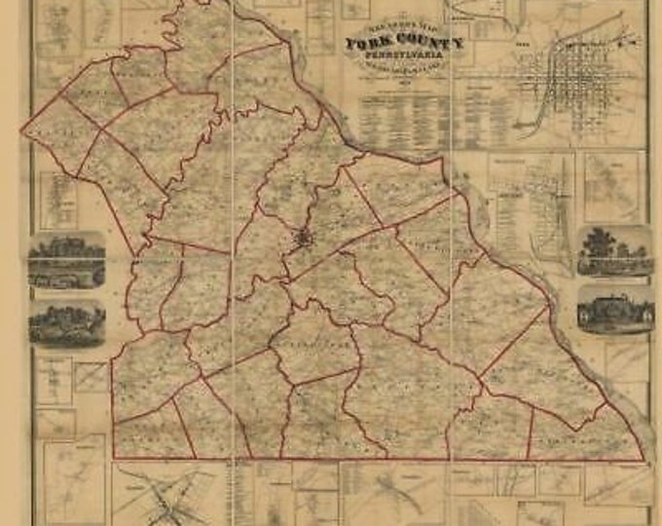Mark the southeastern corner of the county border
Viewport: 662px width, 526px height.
(x=643, y=460)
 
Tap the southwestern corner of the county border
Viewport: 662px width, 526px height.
(x=113, y=457)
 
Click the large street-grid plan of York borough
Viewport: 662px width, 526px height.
(x=584, y=93)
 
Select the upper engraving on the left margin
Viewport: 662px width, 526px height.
(x=66, y=259)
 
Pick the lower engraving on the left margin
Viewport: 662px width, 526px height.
(x=66, y=323)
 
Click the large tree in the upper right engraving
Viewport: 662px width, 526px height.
(x=600, y=241)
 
